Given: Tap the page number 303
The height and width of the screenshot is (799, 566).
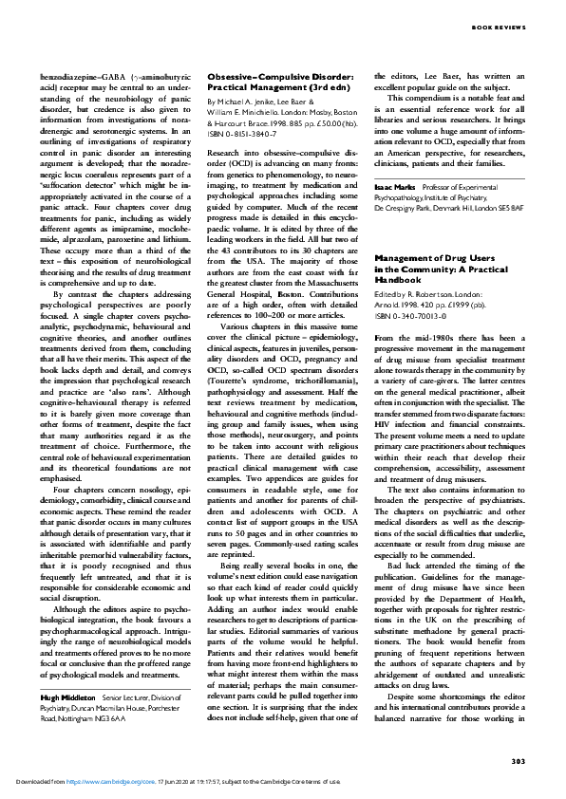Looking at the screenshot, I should [x=518, y=761].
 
